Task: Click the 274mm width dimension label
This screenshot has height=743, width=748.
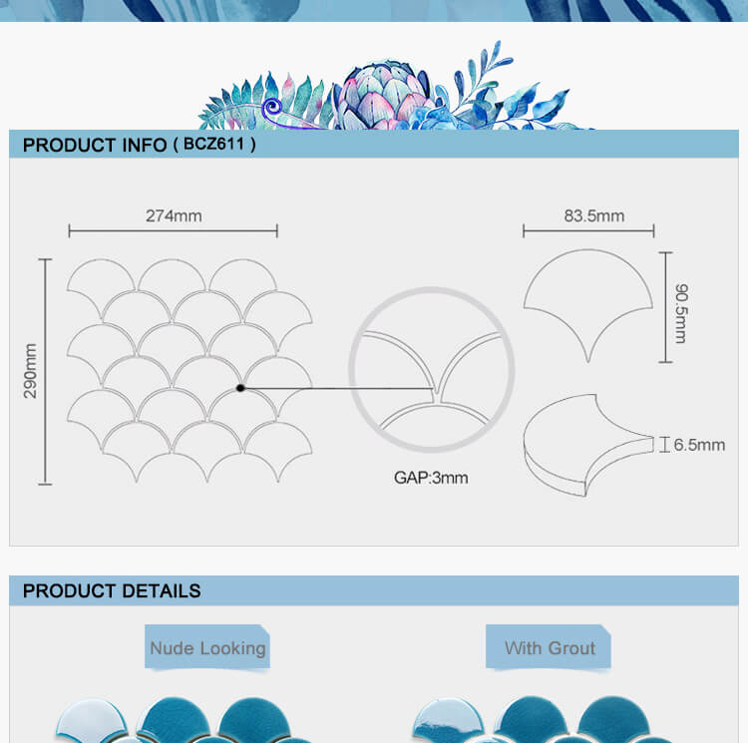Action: pos(174,216)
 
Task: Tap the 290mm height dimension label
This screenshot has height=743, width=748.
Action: pos(30,371)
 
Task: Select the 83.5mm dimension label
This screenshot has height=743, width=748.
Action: pos(594,216)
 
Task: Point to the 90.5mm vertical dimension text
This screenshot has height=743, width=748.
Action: pos(682,313)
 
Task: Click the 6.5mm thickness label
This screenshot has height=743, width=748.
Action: pos(699,445)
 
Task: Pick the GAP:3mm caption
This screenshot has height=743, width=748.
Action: pos(431,478)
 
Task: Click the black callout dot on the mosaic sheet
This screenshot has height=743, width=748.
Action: pos(240,388)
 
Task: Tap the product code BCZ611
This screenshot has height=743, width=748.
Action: pos(213,144)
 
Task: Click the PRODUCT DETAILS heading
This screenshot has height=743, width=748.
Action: pos(112,590)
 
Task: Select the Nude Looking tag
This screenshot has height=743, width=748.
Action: pos(207,647)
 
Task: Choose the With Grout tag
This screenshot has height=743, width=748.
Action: pos(549,647)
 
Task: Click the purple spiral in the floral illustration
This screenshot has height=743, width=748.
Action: pos(272,107)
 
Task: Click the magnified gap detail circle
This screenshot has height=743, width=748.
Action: pos(352,370)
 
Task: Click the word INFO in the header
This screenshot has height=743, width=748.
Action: pos(145,145)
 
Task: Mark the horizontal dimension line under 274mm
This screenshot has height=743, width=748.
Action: pos(174,231)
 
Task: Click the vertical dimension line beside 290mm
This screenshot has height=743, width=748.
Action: pos(45,371)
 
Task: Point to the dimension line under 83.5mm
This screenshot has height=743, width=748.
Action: pos(588,231)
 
